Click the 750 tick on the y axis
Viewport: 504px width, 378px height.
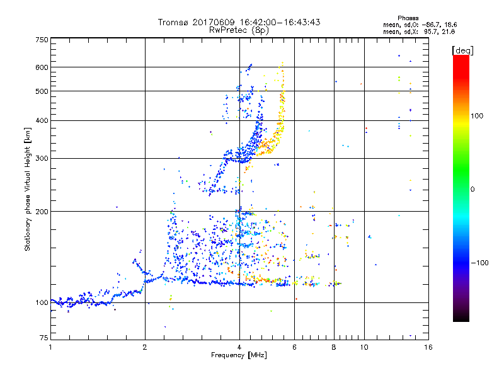[42, 40]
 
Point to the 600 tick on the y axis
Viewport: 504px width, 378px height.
[42, 67]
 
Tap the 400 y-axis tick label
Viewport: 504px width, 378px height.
[42, 120]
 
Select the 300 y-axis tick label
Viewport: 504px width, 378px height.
[42, 158]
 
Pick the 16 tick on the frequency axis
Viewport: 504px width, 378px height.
[428, 347]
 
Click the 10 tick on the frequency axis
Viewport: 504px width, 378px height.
[363, 347]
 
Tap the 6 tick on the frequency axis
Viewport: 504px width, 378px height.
[294, 347]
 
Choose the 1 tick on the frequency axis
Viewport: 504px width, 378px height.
[50, 347]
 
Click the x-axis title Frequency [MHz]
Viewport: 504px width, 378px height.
[239, 356]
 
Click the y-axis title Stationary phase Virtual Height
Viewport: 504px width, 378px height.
[28, 189]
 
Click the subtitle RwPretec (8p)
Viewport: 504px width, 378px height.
[239, 30]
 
